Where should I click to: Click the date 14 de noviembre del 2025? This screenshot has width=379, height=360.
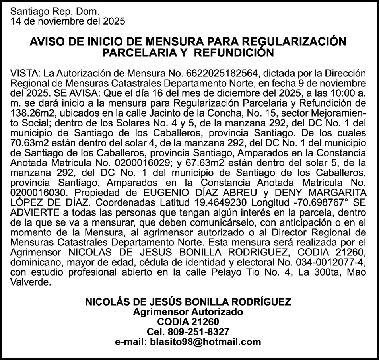67,21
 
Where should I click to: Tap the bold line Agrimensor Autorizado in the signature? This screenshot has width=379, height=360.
188,312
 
